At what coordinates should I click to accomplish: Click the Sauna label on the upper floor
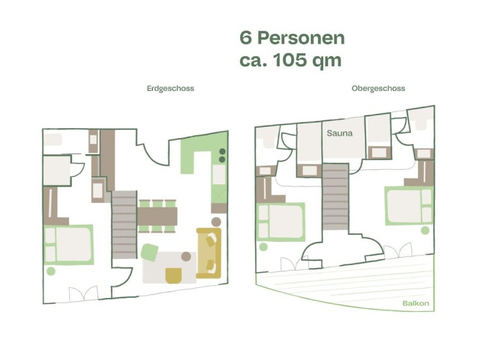point(340,133)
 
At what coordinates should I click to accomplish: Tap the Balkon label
point(415,303)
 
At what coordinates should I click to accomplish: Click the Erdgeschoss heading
point(171,89)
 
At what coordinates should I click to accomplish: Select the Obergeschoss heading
point(378,89)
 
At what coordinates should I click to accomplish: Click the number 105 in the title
point(289,60)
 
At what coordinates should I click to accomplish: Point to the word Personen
point(301,38)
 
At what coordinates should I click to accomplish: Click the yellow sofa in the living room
point(209,253)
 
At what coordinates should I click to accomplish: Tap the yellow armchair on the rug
point(173,276)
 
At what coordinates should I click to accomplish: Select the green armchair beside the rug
point(150,253)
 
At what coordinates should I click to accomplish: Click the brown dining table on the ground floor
point(157,216)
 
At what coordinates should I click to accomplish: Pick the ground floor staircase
point(124,225)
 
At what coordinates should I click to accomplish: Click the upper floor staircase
point(335,197)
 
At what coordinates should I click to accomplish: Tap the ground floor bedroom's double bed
point(68,245)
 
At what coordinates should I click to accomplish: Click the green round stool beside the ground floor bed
point(51,271)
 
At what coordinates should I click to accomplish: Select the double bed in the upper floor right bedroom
point(409,206)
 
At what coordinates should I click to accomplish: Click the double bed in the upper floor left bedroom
point(281,222)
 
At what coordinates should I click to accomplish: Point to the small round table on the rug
point(186,256)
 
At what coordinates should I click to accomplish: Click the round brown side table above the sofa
point(216,222)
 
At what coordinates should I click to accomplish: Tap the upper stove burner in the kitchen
point(222,151)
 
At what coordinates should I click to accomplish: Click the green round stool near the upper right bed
point(425,230)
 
